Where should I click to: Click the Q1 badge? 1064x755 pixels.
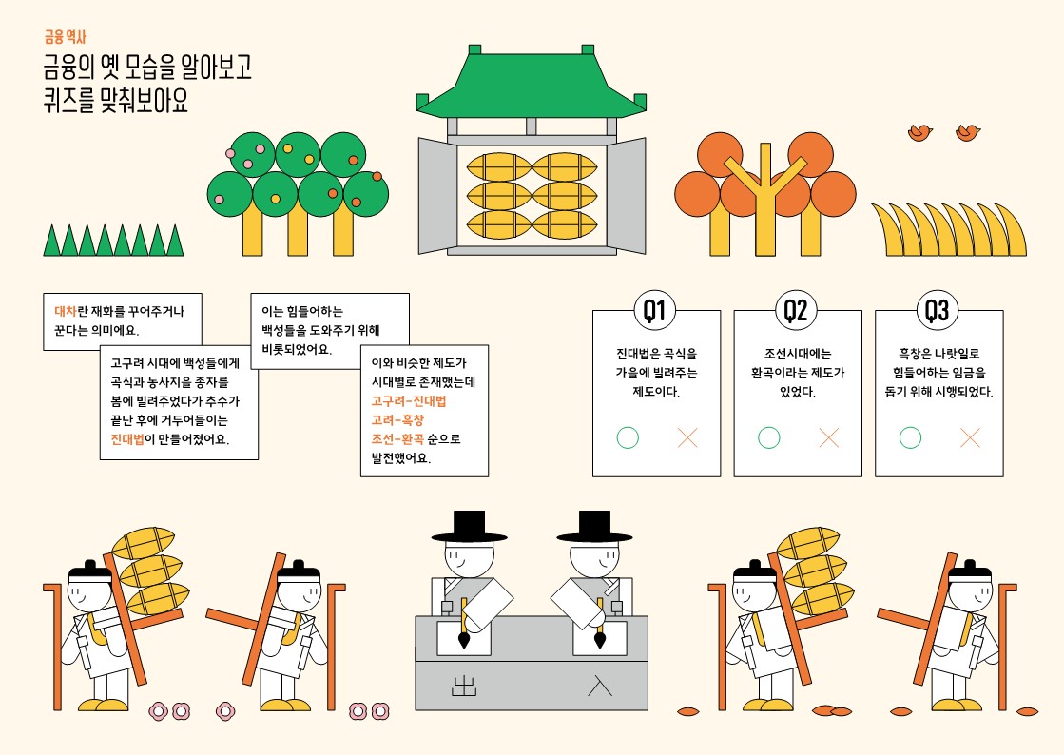[x=654, y=310]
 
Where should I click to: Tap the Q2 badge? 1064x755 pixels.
[x=795, y=310]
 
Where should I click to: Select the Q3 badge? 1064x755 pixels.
[x=938, y=310]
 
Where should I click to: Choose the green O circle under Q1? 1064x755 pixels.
[x=628, y=437]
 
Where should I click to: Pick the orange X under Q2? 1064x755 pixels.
[x=828, y=437]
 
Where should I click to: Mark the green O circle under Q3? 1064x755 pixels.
[x=910, y=437]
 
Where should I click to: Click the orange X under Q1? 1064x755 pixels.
[x=687, y=437]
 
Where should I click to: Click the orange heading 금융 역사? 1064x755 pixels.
[x=66, y=37]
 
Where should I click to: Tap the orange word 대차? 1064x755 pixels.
[x=66, y=311]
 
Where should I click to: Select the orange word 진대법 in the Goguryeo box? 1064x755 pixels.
[x=127, y=439]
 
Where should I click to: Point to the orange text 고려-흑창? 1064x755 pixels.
[x=397, y=420]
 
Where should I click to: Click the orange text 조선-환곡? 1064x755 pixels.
[x=397, y=439]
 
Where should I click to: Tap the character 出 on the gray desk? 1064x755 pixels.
[x=464, y=686]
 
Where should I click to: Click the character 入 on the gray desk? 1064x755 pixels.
[x=600, y=686]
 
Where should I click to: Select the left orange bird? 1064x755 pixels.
[x=920, y=132]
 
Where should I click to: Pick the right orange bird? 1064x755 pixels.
[x=968, y=132]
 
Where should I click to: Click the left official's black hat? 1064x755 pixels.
[x=469, y=527]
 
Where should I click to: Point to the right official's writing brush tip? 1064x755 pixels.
[x=600, y=643]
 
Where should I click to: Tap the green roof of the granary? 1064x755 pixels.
[x=532, y=84]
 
